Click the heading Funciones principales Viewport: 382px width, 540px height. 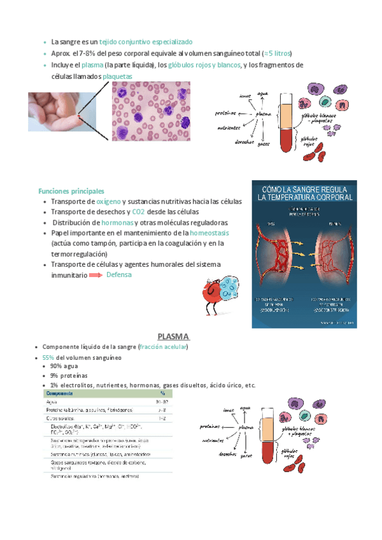(71, 191)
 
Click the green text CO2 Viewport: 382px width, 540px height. (138, 211)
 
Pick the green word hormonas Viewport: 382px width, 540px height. (118, 222)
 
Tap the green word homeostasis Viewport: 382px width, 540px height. (209, 233)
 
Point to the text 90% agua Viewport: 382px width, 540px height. (65, 366)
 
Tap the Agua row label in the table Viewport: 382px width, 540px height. (52, 402)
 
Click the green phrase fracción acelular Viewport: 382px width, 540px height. (162, 347)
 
